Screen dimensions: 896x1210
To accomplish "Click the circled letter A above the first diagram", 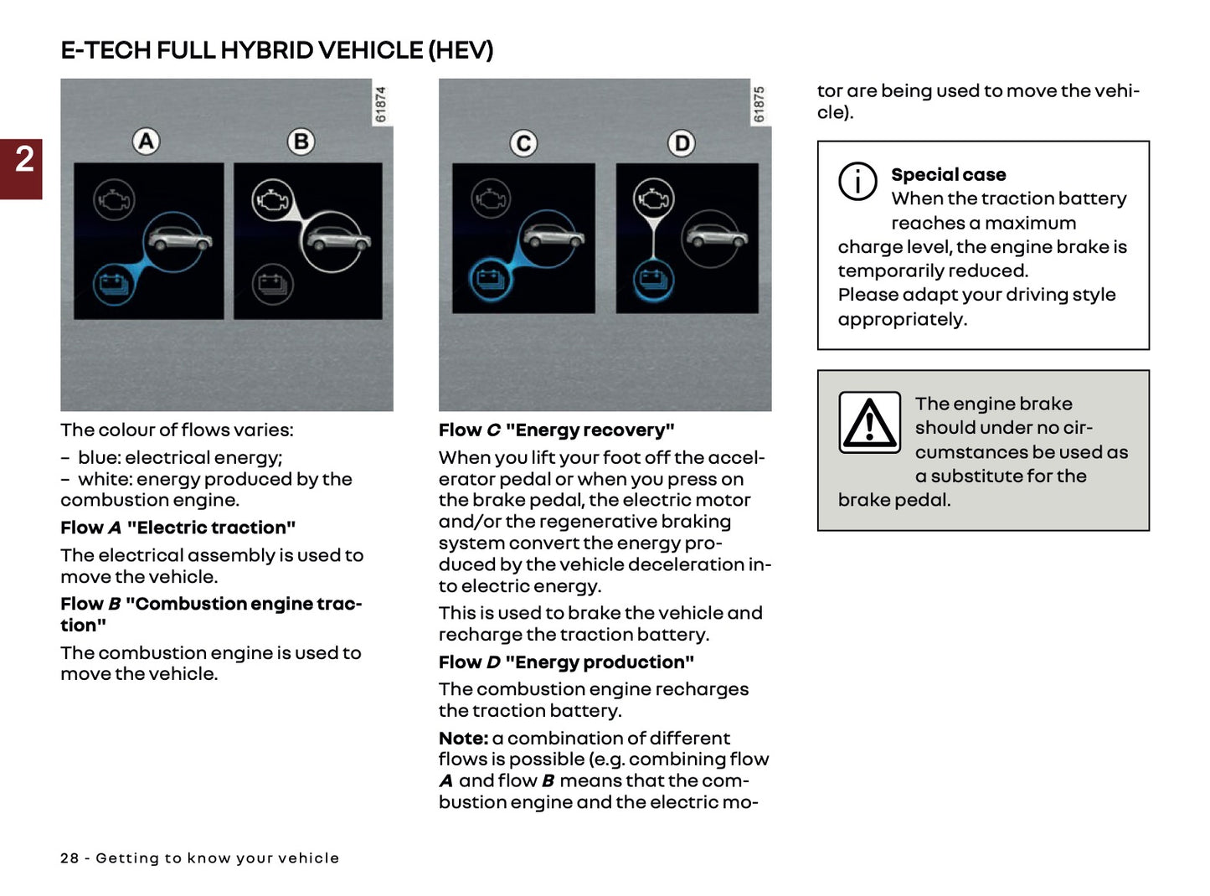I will point(147,142).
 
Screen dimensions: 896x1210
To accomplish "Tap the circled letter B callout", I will point(301,142).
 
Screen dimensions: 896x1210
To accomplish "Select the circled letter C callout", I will point(524,144).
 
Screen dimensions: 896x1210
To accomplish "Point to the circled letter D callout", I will point(682,144).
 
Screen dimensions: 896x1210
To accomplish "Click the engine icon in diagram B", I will point(272,201).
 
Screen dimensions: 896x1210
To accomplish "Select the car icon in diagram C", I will point(552,239).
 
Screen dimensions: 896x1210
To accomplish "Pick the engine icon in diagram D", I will point(653,199).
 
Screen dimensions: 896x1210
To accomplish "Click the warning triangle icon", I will point(870,423).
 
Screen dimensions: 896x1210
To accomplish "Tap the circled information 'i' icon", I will point(857,181).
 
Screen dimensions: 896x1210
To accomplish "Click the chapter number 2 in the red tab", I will point(24,159).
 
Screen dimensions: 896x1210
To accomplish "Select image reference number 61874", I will point(381,105).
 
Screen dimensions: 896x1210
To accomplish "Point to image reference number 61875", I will point(759,105).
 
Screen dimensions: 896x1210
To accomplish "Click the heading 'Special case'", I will point(948,175).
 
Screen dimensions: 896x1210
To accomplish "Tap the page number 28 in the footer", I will point(69,858).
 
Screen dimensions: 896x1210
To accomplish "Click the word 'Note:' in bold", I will point(463,739).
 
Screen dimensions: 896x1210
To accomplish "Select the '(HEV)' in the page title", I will point(461,50).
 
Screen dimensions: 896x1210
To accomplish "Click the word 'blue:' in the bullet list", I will point(100,458).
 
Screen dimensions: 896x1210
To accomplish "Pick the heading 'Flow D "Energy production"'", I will point(566,662).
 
